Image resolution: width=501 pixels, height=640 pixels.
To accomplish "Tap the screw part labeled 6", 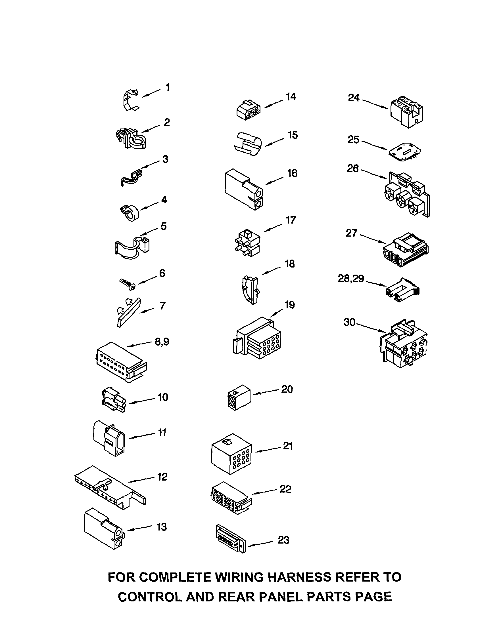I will [x=127, y=284].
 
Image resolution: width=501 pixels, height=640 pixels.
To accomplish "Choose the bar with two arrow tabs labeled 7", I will [x=129, y=312].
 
